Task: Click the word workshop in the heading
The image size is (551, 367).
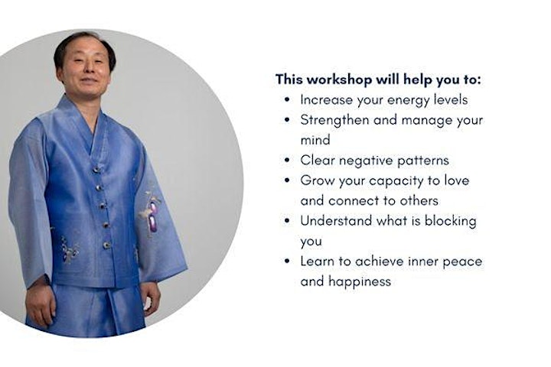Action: (x=339, y=80)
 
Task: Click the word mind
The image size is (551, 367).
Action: (x=315, y=140)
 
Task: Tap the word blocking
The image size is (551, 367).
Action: (x=451, y=222)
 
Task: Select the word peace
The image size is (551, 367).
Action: (x=462, y=262)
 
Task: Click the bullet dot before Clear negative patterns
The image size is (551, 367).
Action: (x=288, y=161)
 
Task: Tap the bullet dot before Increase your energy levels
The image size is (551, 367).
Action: (x=288, y=99)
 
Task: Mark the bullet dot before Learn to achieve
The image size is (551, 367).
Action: (x=288, y=261)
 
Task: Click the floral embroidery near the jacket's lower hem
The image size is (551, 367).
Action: (x=69, y=250)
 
